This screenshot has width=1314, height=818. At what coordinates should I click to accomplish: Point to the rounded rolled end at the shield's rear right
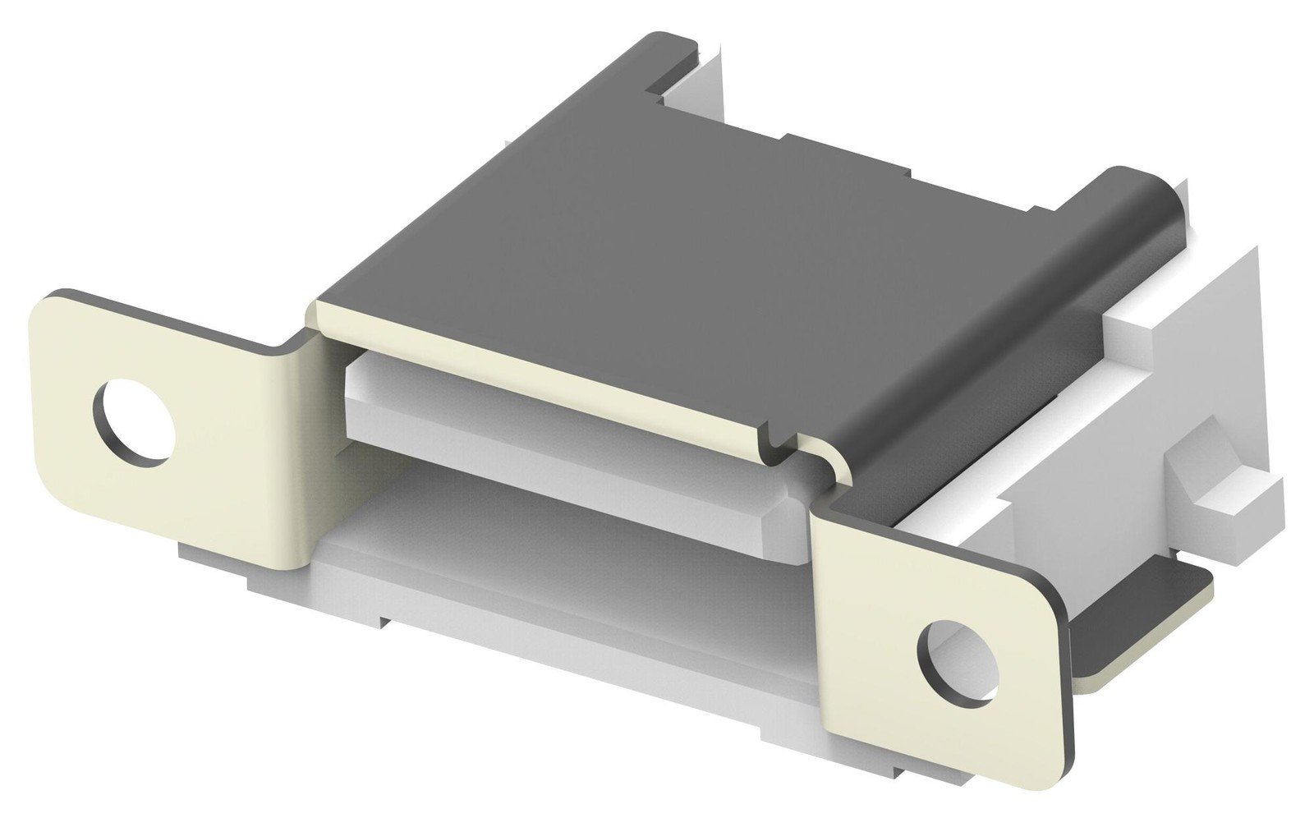coord(1146,197)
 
